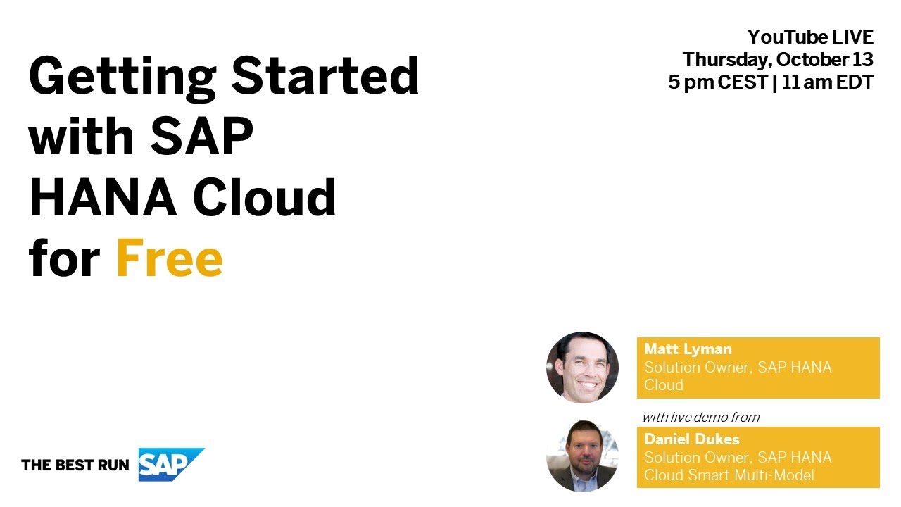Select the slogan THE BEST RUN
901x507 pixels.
pos(75,465)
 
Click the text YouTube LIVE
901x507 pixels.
pos(810,37)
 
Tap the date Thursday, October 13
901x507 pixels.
pos(778,59)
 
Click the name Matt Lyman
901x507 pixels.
pos(688,349)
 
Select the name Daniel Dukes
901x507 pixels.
pos(692,439)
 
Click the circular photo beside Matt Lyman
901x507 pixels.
pos(582,368)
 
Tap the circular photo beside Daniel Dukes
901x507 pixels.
pos(582,456)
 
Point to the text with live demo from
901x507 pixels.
pos(700,417)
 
